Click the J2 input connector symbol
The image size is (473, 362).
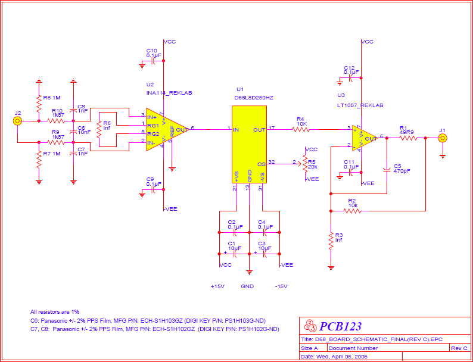18,121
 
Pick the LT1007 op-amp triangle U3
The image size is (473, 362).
365,138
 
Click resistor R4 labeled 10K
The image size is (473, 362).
300,128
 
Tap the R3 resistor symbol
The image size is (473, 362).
331,241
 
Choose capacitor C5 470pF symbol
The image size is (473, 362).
387,170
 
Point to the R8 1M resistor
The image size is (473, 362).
39,105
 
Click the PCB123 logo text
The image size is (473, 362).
340,326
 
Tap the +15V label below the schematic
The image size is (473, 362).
217,286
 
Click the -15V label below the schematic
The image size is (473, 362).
281,286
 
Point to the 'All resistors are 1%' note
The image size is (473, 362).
55,311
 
